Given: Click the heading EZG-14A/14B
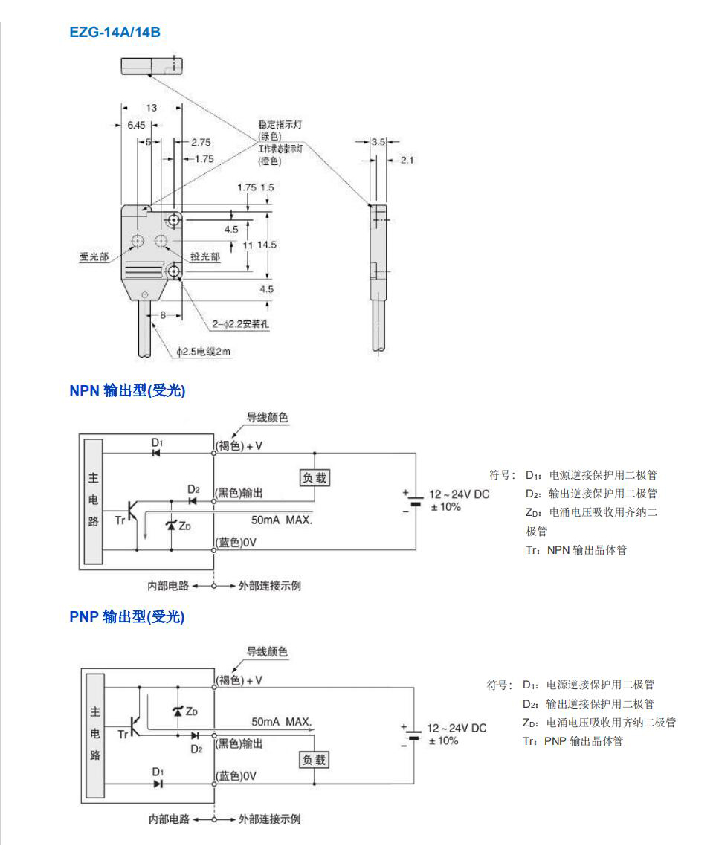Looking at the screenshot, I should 115,32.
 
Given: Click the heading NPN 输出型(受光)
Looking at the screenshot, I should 127,391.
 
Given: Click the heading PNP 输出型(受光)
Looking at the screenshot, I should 126,616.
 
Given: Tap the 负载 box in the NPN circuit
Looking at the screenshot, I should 314,478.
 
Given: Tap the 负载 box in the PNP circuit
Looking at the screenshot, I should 314,760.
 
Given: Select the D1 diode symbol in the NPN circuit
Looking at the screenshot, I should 157,452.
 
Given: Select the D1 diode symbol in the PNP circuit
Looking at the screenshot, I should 158,783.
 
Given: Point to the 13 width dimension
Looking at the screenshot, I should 152,108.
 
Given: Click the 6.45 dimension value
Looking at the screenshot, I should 135,125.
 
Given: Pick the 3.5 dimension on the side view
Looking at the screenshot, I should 378,141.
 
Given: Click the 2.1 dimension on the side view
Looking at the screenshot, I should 406,160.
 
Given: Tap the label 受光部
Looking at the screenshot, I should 94,256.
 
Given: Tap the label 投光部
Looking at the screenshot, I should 205,256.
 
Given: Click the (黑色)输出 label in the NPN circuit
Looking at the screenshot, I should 239,494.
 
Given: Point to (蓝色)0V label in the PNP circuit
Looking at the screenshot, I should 236,776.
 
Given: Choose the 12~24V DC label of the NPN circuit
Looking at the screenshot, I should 459,494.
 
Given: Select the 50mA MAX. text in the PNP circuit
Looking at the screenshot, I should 282,721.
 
